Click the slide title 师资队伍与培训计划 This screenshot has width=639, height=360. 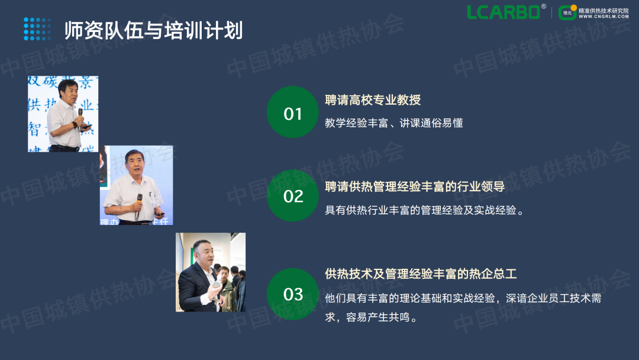[154, 30]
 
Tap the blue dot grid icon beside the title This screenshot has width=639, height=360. [37, 29]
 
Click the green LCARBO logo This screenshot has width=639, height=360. [504, 12]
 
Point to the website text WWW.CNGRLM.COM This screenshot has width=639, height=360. [603, 17]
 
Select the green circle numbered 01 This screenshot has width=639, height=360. [293, 112]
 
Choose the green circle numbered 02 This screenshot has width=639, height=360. [293, 196]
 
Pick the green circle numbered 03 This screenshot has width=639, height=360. [293, 294]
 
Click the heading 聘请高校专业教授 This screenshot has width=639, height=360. [373, 100]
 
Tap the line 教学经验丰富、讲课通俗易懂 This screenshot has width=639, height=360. [393, 123]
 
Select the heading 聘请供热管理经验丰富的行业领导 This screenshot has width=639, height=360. [415, 187]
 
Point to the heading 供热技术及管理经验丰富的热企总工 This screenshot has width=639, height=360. [421, 274]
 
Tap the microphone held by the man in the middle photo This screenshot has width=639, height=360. [139, 204]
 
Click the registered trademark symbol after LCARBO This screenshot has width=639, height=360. [544, 6]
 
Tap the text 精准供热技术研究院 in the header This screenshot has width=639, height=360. [603, 11]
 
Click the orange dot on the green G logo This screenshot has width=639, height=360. [574, 8]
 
